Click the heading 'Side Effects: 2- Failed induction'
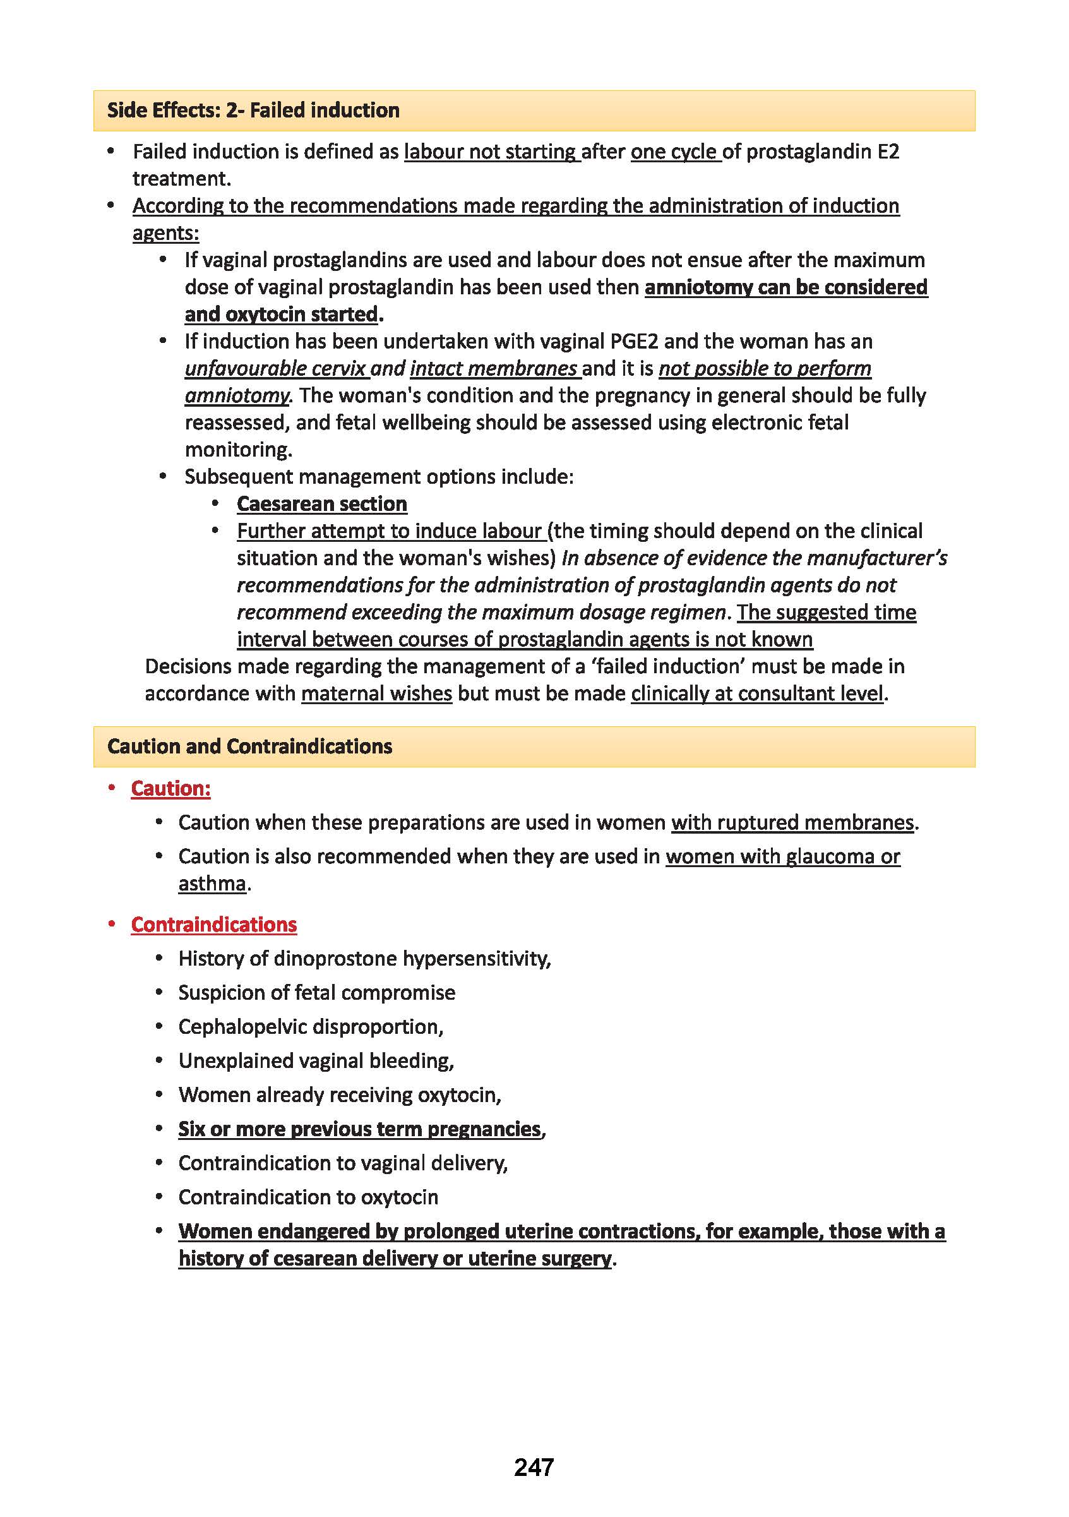coord(253,111)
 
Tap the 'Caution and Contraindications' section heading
coord(250,747)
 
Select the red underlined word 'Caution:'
coord(170,788)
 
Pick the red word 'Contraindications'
coord(214,925)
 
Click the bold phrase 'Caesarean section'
coord(322,504)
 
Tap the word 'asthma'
coord(212,884)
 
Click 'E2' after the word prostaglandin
coord(888,152)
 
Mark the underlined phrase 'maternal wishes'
coord(376,693)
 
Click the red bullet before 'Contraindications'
coord(112,924)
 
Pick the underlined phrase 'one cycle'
coord(674,152)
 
